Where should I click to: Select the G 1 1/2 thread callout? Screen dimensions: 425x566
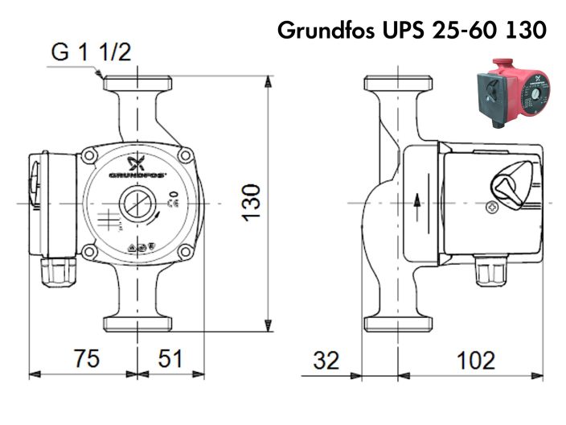pyautogui.click(x=91, y=53)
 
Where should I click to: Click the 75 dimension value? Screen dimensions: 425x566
pyautogui.click(x=83, y=359)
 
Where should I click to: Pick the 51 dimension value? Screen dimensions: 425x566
pyautogui.click(x=170, y=359)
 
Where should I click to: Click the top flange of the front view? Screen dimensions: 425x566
pyautogui.click(x=137, y=83)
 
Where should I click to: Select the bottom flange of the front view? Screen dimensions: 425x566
pyautogui.click(x=137, y=324)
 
